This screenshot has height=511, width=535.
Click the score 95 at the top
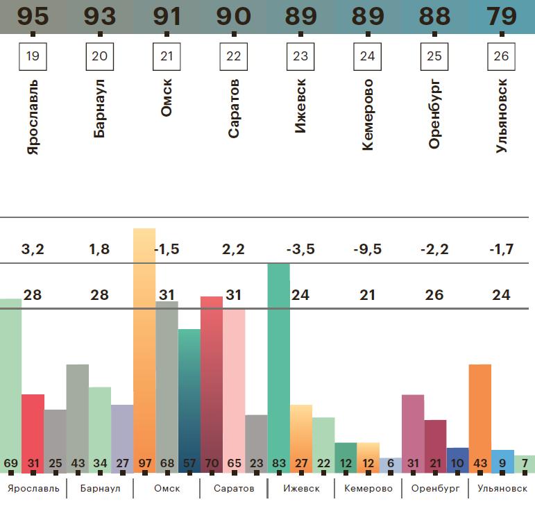[x=33, y=16]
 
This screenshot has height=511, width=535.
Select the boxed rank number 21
[x=167, y=56]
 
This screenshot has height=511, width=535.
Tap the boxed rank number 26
[x=502, y=56]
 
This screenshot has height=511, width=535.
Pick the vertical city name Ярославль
[x=33, y=117]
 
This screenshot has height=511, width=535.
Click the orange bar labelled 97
[x=144, y=347]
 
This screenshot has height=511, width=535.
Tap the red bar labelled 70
[x=212, y=382]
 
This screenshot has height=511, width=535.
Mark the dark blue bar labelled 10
[x=457, y=460]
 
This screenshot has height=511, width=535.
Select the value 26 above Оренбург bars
[x=434, y=295]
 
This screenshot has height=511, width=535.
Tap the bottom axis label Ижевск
[x=301, y=488]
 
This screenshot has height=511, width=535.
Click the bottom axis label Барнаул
[x=100, y=488]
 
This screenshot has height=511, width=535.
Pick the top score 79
[x=502, y=16]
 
